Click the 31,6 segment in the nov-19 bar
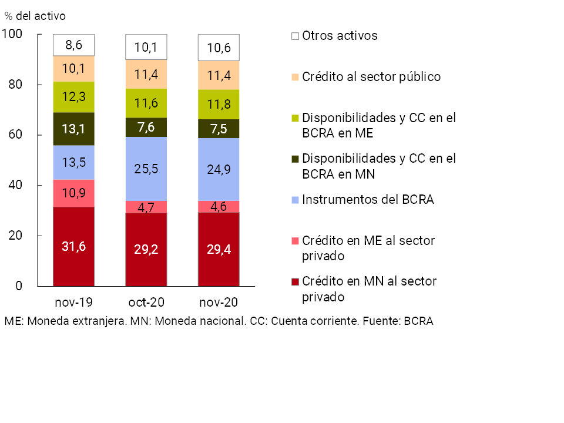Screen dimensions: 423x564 [x=74, y=246]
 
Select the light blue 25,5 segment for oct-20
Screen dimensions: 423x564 [x=146, y=169]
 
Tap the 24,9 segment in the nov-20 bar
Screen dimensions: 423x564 [x=219, y=169]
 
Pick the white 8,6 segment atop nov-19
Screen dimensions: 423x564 [x=74, y=45]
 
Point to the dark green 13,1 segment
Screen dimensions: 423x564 [x=74, y=129]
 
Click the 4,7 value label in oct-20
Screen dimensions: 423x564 [x=146, y=207]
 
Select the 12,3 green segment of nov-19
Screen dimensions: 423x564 [x=74, y=97]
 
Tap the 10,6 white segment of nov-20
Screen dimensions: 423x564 [x=219, y=48]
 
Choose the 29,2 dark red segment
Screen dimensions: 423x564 [x=146, y=249]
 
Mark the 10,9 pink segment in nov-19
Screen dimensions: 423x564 [x=74, y=193]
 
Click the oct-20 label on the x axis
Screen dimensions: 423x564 [x=146, y=303]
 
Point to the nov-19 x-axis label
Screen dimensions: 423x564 [x=74, y=303]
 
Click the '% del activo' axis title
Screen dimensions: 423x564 [x=35, y=15]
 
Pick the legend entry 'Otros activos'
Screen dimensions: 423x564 [x=340, y=36]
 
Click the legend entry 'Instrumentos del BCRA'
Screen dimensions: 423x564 [x=368, y=200]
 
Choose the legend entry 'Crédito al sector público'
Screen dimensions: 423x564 [x=371, y=77]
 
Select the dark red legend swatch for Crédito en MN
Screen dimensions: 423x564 [x=295, y=281]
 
